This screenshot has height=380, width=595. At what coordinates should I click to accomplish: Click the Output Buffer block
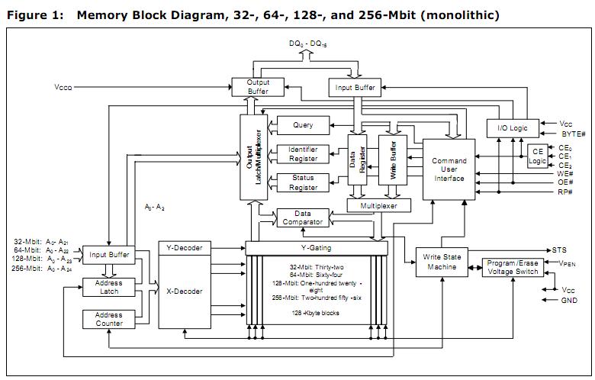click(258, 86)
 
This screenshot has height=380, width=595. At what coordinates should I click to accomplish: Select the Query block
click(303, 125)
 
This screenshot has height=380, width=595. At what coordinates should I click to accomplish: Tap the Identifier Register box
click(303, 153)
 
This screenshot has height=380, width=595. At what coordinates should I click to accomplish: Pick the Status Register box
click(303, 182)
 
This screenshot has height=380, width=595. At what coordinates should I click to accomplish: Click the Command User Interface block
click(449, 170)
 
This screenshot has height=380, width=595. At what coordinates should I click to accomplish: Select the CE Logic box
click(539, 156)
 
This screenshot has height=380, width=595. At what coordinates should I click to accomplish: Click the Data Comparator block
click(303, 217)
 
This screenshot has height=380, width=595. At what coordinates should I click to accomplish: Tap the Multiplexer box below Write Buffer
click(378, 206)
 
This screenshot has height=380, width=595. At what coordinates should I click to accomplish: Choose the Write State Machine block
click(442, 262)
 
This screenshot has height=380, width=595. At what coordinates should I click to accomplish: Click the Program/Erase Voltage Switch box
click(513, 267)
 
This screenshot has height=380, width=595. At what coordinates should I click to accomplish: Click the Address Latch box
click(108, 287)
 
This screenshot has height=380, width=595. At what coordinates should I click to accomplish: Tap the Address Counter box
click(108, 319)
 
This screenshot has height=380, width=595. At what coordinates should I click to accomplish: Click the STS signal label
click(560, 250)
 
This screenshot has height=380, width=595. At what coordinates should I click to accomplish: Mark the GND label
click(568, 301)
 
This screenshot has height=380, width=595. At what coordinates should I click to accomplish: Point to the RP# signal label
click(564, 192)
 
